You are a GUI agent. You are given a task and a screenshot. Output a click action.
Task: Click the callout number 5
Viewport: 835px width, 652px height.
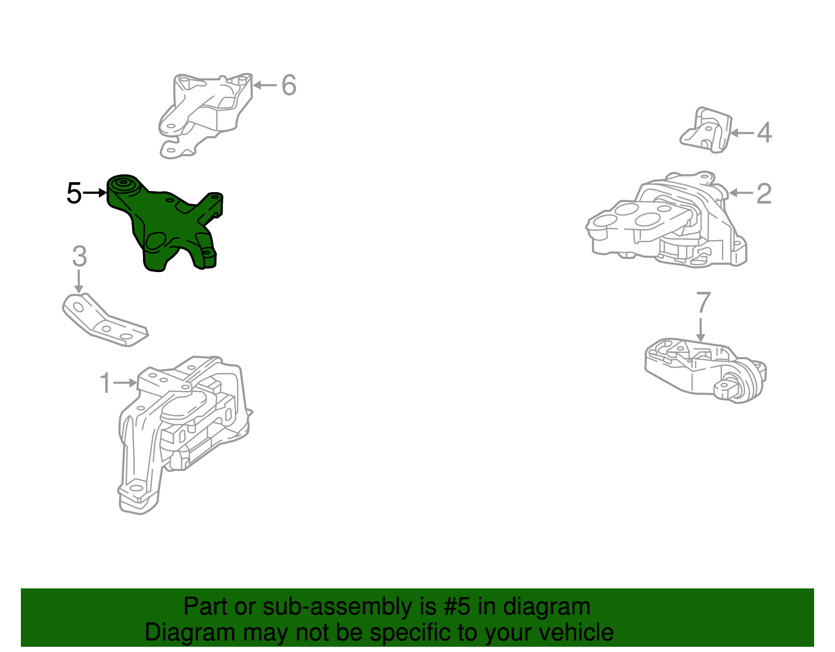(74, 193)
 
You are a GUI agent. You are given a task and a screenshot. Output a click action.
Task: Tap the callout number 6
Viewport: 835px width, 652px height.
(289, 85)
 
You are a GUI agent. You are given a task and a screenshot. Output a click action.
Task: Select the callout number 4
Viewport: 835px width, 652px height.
(765, 133)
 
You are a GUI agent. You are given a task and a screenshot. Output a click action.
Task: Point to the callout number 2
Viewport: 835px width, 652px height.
(764, 194)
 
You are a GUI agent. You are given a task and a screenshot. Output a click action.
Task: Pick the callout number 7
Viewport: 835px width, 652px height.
(703, 302)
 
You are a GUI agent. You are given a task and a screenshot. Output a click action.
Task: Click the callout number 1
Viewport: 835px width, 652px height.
(105, 383)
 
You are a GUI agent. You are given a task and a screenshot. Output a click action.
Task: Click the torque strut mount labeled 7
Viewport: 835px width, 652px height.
(705, 371)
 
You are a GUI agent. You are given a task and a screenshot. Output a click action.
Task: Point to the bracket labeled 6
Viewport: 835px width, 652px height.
(205, 115)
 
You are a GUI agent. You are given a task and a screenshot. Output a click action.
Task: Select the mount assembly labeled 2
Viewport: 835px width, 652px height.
(666, 220)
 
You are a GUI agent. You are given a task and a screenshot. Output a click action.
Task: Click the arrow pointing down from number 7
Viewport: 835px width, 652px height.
(700, 329)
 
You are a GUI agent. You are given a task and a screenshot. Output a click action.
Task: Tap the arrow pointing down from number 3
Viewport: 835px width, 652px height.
(79, 281)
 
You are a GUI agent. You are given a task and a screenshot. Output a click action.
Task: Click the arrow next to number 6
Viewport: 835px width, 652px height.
(265, 85)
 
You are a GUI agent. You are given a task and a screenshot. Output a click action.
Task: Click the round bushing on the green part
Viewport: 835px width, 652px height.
(124, 184)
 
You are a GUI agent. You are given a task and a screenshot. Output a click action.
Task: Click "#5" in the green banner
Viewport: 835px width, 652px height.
(457, 607)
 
